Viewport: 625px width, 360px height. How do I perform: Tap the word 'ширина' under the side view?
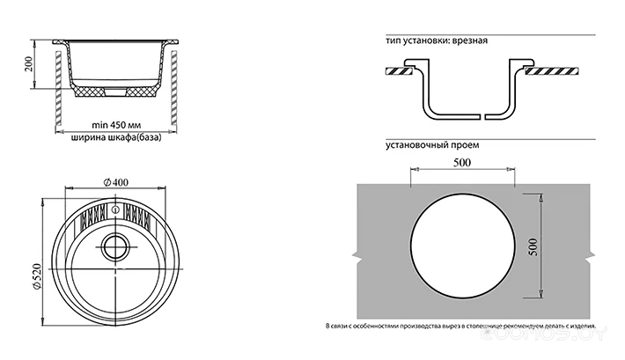[85, 138]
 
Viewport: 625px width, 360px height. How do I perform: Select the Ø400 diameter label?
[115, 181]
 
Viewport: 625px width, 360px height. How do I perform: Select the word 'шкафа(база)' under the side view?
[131, 138]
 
